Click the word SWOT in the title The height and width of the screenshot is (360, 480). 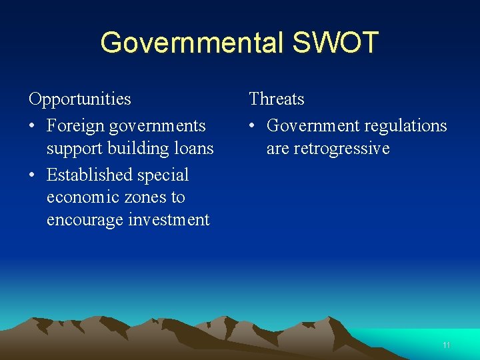[335, 43]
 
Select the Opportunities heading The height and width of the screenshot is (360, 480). [80, 99]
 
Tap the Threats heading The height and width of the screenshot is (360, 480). [277, 99]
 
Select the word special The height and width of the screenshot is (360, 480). [164, 175]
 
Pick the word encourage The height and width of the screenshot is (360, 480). [86, 220]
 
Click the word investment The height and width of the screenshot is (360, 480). [169, 220]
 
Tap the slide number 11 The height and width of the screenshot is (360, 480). [446, 345]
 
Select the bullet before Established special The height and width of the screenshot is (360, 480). [33, 175]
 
